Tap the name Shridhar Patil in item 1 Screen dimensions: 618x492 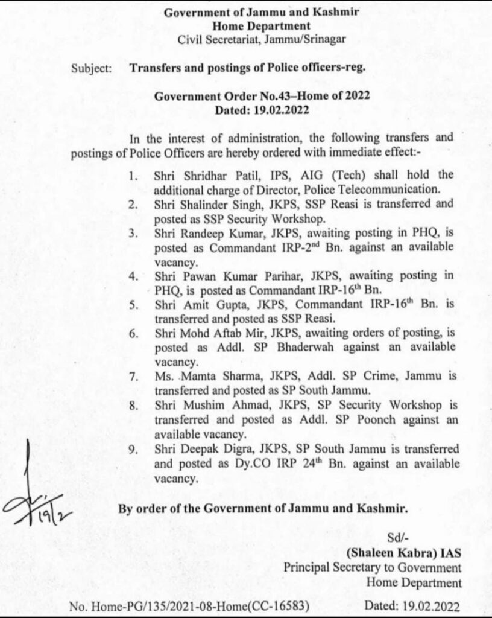tap(207, 176)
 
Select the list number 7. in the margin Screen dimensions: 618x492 tap(134, 376)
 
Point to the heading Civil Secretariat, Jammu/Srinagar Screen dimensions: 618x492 tap(262, 40)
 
